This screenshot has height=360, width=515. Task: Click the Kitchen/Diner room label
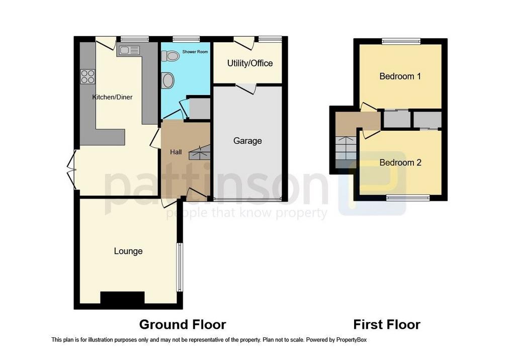coord(112,97)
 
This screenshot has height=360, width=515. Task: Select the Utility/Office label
coord(250,63)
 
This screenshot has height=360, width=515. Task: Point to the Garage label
coord(247,141)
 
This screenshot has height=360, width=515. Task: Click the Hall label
coord(176,152)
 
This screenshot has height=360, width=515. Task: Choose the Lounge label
coord(128,251)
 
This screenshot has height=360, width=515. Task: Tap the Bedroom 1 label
coord(400,76)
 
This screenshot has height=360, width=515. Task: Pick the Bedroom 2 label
coord(400,163)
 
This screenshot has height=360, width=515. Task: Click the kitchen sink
coord(129,50)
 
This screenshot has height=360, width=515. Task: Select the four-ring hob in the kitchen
coord(88,76)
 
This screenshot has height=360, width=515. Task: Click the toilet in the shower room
coord(170,56)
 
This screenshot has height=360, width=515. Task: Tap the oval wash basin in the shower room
coord(168,80)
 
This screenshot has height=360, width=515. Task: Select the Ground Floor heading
coord(183,324)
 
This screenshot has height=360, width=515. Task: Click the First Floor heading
coord(387,324)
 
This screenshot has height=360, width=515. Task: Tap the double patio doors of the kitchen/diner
coord(72,170)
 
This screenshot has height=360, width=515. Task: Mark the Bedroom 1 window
coord(401,42)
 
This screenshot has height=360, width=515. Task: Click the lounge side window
coord(180,267)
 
